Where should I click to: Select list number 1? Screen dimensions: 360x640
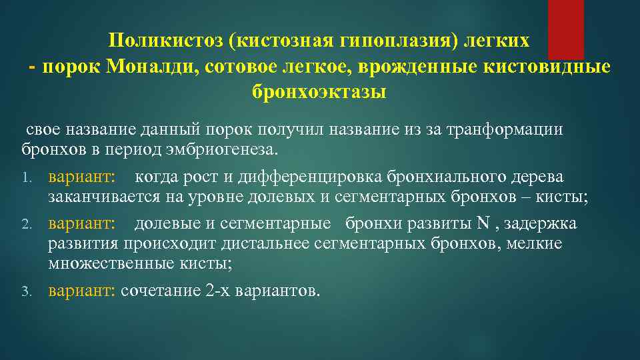point(28,178)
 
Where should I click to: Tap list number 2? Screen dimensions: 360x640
point(27,224)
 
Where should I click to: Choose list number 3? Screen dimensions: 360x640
point(27,292)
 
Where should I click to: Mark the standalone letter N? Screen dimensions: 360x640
point(483,223)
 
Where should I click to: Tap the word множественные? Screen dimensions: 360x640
point(104,264)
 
